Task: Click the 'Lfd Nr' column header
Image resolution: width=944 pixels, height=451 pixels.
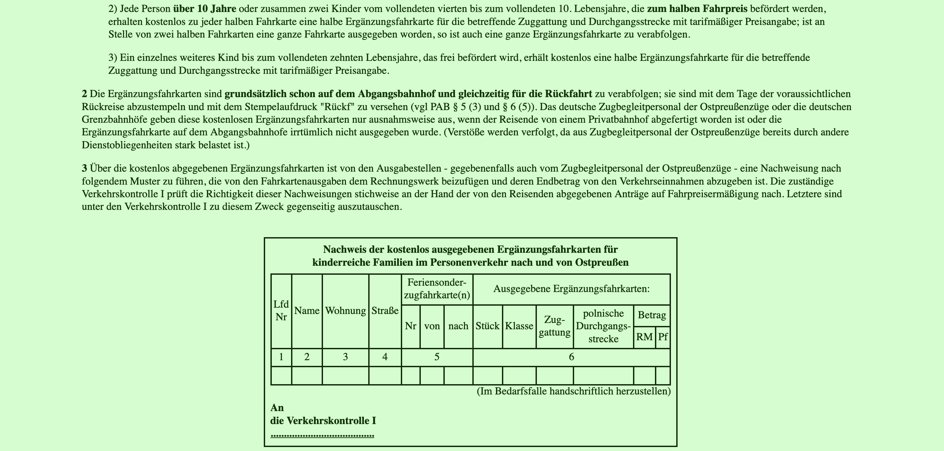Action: (x=281, y=311)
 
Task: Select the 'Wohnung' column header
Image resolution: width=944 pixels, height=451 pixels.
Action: (x=345, y=311)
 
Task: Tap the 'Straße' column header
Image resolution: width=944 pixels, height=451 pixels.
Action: (x=385, y=311)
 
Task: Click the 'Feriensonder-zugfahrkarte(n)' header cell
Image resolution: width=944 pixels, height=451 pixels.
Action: (x=437, y=289)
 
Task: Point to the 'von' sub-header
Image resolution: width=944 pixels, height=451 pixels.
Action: (x=432, y=326)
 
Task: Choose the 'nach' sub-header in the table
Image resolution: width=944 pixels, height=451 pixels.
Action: (x=458, y=326)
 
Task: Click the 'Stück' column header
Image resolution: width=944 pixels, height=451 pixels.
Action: (x=487, y=326)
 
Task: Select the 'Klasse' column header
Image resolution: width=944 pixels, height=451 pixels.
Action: (x=519, y=326)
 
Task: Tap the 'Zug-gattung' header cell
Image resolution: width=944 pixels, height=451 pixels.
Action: (x=554, y=326)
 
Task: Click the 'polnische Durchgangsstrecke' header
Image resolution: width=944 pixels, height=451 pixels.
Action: (x=603, y=326)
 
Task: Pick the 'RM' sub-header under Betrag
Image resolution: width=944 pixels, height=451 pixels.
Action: (x=644, y=337)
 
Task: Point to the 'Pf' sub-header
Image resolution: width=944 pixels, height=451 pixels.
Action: (x=663, y=337)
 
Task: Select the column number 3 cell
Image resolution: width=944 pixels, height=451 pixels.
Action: (x=345, y=357)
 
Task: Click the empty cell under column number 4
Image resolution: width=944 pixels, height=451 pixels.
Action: (x=385, y=376)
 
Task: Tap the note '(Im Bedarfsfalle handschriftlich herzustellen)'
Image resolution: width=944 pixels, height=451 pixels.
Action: (x=573, y=391)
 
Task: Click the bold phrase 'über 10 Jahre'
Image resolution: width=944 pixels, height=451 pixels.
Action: (x=205, y=8)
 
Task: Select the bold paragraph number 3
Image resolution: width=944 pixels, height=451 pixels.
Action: (x=84, y=169)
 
